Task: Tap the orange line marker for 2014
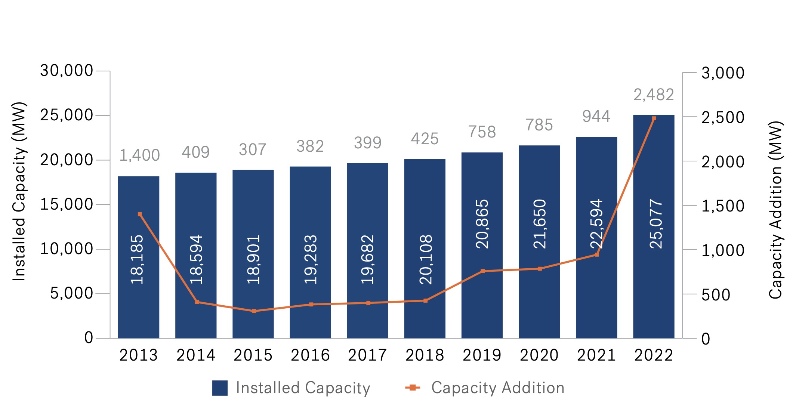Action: click(x=197, y=302)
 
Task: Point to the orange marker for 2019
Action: click(x=482, y=271)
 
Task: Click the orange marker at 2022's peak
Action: click(x=654, y=118)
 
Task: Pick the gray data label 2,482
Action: click(x=654, y=95)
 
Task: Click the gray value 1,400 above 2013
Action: click(x=139, y=155)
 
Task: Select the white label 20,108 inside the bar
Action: click(x=426, y=260)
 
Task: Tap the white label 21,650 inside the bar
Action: click(x=540, y=224)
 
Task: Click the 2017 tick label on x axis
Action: click(x=367, y=355)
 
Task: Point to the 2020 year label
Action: click(x=539, y=355)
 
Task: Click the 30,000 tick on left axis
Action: click(x=67, y=71)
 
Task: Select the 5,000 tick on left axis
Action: click(x=71, y=293)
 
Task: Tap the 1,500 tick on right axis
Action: click(x=723, y=206)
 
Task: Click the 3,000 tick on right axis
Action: click(x=723, y=73)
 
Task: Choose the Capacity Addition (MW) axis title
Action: click(x=775, y=210)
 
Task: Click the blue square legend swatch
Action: click(x=220, y=388)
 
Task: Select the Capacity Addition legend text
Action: click(x=497, y=388)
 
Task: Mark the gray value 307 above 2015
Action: click(x=253, y=149)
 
